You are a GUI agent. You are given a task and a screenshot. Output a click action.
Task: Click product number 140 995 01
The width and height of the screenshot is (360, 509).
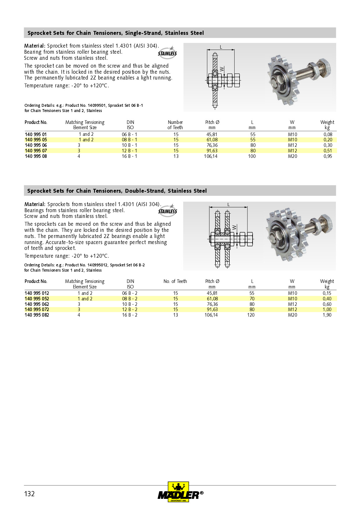click(36, 134)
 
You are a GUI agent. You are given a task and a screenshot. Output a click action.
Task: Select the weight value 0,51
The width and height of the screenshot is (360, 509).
click(328, 151)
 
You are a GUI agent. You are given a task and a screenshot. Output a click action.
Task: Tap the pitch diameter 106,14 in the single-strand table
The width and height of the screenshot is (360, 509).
click(211, 156)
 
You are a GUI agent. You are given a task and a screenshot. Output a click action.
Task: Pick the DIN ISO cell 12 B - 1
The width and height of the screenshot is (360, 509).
click(129, 151)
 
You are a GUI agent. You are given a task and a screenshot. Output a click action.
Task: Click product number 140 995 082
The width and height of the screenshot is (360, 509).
click(37, 315)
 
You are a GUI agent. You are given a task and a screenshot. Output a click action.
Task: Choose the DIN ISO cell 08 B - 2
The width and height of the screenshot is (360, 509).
click(130, 299)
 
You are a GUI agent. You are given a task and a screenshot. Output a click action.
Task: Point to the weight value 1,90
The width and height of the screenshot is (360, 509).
click(327, 315)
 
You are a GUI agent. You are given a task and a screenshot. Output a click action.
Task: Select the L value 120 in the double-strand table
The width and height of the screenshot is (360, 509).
click(251, 315)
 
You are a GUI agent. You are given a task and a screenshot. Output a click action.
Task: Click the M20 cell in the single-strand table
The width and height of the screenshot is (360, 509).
click(292, 156)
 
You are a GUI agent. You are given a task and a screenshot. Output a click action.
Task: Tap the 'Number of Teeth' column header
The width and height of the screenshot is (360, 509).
click(175, 125)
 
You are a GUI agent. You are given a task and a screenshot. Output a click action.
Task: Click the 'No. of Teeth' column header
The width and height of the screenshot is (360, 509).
click(175, 281)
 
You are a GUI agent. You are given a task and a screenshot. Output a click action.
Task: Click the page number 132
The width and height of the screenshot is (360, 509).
click(29, 494)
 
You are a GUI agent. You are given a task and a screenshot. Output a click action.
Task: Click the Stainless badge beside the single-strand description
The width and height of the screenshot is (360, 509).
click(168, 53)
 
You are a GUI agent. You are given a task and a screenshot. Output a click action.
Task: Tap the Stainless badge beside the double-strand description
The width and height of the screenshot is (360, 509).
click(168, 211)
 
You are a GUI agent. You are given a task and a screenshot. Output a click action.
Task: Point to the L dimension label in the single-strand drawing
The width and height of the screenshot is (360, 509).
click(221, 47)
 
